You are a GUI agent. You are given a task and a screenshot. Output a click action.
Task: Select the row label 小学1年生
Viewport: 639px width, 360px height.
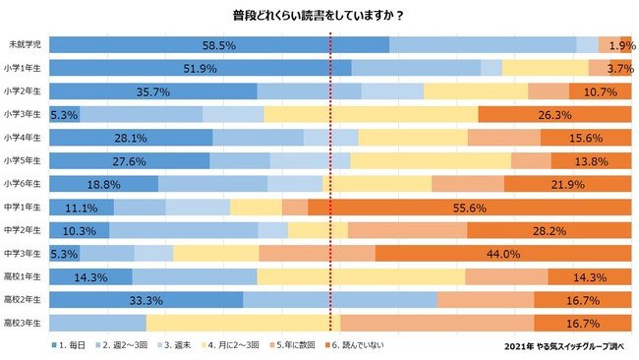click(x=25, y=68)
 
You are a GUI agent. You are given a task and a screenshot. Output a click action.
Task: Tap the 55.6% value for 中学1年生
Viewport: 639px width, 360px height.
click(x=535, y=208)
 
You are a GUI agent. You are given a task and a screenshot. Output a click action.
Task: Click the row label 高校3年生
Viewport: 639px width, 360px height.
click(x=25, y=323)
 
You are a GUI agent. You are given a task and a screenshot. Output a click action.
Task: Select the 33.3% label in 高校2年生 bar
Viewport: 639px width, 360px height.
click(x=145, y=300)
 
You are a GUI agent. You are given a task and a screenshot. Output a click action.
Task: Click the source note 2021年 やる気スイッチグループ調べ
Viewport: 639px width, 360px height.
click(x=563, y=346)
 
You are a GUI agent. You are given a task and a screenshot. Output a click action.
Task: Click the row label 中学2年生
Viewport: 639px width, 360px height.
click(x=25, y=230)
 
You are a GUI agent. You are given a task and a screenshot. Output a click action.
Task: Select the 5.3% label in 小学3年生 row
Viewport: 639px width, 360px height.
click(x=63, y=114)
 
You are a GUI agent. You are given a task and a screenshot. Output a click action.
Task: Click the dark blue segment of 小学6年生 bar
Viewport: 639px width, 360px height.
click(x=103, y=184)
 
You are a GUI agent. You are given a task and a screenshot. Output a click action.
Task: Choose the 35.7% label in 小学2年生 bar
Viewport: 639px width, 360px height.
click(x=152, y=91)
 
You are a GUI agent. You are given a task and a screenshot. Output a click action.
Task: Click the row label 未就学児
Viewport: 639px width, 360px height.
click(x=25, y=45)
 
